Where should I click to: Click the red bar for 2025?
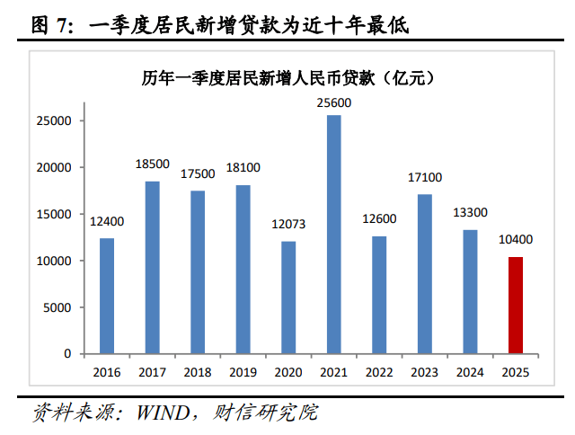point(515,306)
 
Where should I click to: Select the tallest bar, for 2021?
point(333,235)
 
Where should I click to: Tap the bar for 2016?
point(107,296)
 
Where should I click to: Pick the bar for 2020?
point(288,297)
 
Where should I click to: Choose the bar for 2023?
point(424,274)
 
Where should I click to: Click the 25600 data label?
point(333,103)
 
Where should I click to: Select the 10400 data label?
point(515,240)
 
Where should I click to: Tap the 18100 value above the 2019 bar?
point(243,167)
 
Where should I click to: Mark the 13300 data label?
point(470,213)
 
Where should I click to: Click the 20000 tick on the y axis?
point(56,168)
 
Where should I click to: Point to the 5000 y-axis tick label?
point(59,308)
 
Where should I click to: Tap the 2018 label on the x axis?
point(198,371)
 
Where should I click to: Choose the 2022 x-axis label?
point(378,371)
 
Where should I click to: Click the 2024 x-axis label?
point(470,371)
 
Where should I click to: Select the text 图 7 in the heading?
point(50,26)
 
